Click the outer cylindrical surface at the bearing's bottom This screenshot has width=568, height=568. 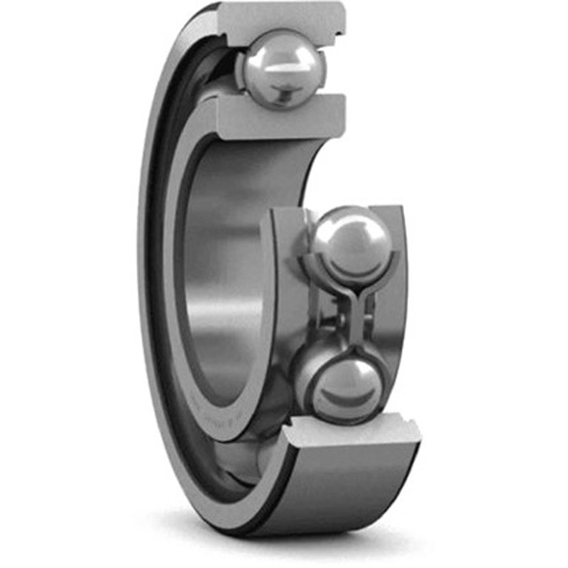(334, 490)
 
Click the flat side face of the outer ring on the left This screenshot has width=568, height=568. (152, 284)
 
